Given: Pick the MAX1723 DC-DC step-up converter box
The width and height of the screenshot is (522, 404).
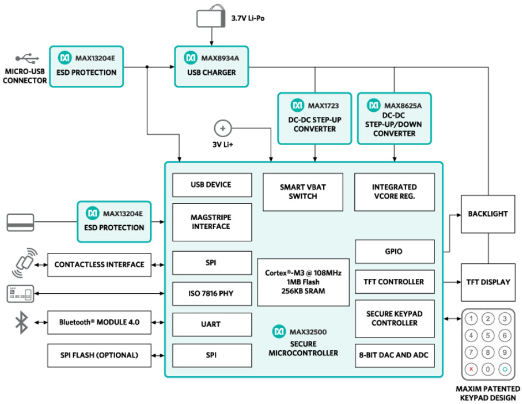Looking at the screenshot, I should (x=314, y=118).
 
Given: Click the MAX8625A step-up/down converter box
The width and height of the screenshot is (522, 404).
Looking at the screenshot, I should (x=394, y=118).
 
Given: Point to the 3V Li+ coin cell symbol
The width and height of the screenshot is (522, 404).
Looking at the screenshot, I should (x=223, y=128).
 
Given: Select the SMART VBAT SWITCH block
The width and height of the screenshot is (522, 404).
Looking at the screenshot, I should (x=303, y=192).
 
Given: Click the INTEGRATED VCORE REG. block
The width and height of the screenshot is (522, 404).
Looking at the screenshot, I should (x=394, y=192).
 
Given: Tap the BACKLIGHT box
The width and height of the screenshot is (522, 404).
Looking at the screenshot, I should (x=488, y=214).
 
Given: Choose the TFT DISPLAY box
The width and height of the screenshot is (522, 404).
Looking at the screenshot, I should (x=488, y=282).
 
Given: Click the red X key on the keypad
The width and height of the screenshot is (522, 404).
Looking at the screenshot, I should (x=471, y=369).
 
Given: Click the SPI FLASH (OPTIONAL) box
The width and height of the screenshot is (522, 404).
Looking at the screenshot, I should (x=100, y=354).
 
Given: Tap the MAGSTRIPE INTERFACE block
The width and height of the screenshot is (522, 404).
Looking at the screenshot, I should (x=203, y=222).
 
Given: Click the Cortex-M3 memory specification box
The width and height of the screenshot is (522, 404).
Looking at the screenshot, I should (x=303, y=282).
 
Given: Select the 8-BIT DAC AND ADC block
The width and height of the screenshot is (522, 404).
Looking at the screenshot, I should (x=394, y=355).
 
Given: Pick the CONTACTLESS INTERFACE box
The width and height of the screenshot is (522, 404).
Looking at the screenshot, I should (x=100, y=265).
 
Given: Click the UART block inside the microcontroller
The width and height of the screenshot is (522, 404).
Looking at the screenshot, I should (x=203, y=324).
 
